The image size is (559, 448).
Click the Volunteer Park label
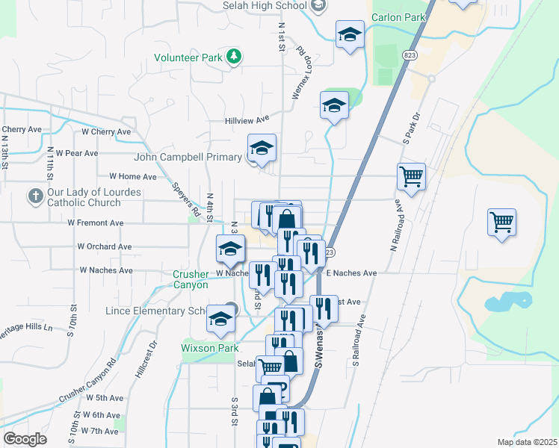(x=189, y=57)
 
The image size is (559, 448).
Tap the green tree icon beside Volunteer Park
(x=234, y=56)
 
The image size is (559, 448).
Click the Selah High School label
(x=265, y=5)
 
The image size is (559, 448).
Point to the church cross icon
(x=35, y=197)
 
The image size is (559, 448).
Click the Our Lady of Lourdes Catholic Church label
(x=84, y=197)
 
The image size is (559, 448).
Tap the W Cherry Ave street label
(x=106, y=131)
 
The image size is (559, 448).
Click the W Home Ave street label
(x=133, y=177)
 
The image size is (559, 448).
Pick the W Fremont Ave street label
(x=95, y=223)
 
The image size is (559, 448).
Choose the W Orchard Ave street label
(x=104, y=246)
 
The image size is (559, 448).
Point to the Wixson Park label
(x=210, y=348)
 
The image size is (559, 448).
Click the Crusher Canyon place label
(x=191, y=279)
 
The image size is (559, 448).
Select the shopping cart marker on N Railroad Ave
(x=410, y=177)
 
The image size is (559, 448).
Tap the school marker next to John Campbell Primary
(x=262, y=149)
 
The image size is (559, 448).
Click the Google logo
(x=25, y=439)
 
